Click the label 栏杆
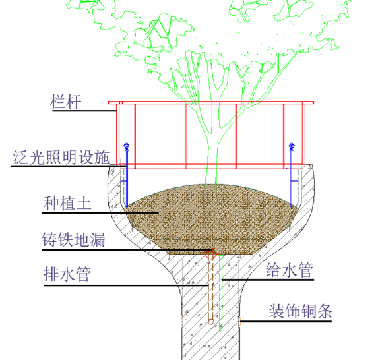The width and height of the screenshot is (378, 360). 65,102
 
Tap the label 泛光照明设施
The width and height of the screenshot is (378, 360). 61,158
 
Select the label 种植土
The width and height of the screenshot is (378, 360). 67,203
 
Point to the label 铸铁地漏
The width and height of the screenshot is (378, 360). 73,239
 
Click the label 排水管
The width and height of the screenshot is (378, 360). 67,274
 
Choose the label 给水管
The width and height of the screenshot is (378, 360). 290,270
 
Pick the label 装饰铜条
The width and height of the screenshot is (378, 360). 301,311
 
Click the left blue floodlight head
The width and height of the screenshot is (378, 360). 127,146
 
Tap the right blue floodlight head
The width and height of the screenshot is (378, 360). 292,146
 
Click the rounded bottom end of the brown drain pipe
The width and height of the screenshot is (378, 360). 211,322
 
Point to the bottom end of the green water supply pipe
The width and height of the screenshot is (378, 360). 220,329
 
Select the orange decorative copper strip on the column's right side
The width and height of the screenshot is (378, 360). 239,321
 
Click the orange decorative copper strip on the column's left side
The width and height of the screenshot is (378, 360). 181,321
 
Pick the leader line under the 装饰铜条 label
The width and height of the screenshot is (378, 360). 286,321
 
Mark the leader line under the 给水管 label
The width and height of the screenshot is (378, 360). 268,280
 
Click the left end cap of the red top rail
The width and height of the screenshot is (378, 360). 109,103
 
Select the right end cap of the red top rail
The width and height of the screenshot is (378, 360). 313,103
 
